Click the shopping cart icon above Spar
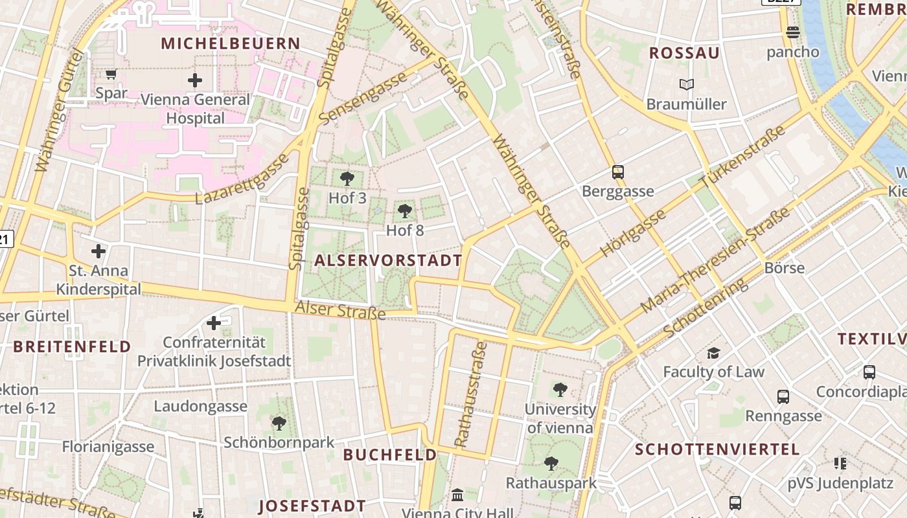(111, 74)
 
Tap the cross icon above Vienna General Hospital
(194, 80)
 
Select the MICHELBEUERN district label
(231, 44)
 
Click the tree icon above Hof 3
(347, 179)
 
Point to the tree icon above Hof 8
(405, 210)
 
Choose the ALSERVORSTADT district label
(388, 261)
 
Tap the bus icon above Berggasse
(618, 172)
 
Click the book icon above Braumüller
(686, 85)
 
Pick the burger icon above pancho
(792, 32)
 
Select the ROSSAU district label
(684, 54)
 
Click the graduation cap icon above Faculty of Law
(713, 353)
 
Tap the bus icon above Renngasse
(783, 396)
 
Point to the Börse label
(784, 268)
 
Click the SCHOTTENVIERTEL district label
(717, 449)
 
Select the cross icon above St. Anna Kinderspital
(98, 251)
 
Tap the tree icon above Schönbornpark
(279, 423)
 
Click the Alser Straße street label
(340, 310)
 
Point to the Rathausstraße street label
(470, 394)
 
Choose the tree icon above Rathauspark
(551, 464)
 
